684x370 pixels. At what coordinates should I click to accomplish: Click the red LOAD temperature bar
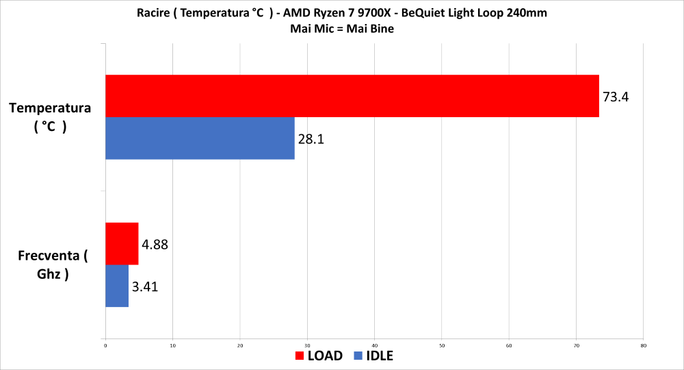point(352,96)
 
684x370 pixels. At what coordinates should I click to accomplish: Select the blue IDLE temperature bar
point(200,138)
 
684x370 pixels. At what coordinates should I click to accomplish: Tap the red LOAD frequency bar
point(122,243)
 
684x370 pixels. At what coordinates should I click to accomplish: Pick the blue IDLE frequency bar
point(117,286)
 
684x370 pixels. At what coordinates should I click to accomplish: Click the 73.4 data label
point(616,97)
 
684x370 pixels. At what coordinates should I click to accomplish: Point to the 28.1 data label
point(311,139)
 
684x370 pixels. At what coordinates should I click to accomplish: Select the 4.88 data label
point(155,244)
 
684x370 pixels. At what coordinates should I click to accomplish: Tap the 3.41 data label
point(145,286)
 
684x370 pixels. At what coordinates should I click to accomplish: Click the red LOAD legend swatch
point(300,356)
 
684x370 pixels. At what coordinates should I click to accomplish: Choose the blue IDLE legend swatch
point(358,356)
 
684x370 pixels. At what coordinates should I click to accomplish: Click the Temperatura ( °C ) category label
point(50,117)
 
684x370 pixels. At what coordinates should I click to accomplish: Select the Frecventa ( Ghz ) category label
point(52,265)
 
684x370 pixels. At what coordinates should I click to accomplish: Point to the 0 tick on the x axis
point(105,345)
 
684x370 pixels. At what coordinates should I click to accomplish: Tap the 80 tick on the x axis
point(643,345)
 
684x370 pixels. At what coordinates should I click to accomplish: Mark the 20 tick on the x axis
point(240,345)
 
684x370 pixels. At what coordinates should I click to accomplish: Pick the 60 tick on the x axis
point(509,345)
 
